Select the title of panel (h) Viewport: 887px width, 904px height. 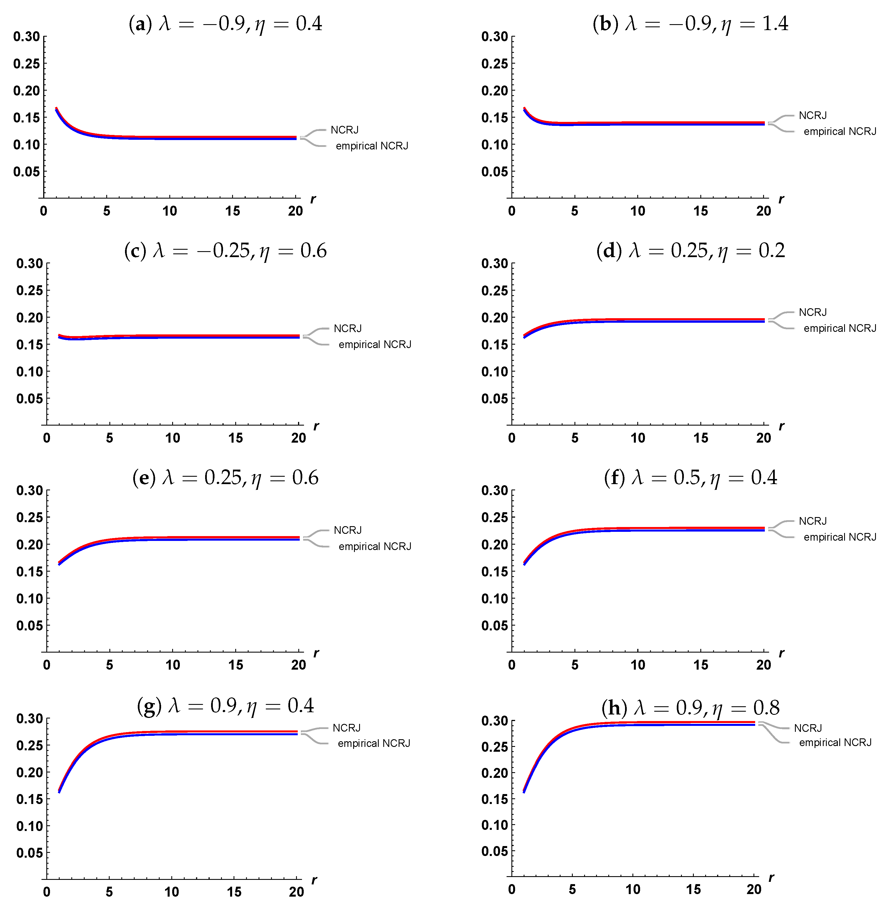(x=690, y=707)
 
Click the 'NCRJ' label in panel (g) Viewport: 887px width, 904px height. (x=346, y=728)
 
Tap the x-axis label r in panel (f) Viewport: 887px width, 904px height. (x=782, y=653)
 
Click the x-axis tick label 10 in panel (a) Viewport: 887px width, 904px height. (x=170, y=211)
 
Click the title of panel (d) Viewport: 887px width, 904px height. (x=690, y=251)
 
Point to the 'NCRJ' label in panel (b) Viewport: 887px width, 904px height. (x=813, y=115)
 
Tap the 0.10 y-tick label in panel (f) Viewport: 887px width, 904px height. (x=494, y=599)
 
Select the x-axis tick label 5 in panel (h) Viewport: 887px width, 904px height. (x=572, y=890)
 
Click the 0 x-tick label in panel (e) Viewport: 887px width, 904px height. (x=47, y=665)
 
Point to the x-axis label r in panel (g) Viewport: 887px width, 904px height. (x=315, y=880)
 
